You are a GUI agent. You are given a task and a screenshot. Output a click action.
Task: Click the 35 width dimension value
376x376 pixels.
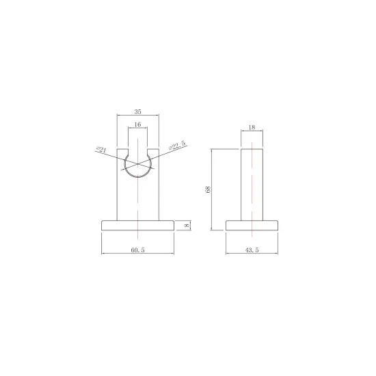(137, 111)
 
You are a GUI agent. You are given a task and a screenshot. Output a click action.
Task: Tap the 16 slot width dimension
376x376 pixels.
(137, 124)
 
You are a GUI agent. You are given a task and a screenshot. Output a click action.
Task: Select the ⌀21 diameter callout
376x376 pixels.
(101, 150)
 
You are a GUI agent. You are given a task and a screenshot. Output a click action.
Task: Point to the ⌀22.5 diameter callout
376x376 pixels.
(177, 146)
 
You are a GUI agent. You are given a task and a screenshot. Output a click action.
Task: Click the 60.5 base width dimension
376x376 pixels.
(137, 250)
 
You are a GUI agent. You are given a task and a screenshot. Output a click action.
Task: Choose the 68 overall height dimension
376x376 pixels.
(208, 189)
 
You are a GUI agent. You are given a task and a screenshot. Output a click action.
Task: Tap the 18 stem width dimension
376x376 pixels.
(252, 127)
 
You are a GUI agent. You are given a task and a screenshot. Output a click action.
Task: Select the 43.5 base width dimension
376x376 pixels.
(252, 250)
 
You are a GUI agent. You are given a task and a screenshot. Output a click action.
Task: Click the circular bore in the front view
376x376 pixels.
(138, 177)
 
